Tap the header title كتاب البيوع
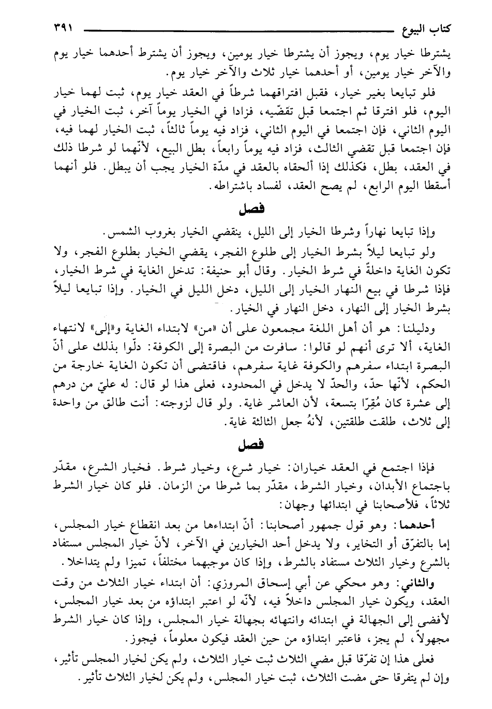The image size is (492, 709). pos(423,27)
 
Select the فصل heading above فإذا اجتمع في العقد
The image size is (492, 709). pos(252,445)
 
